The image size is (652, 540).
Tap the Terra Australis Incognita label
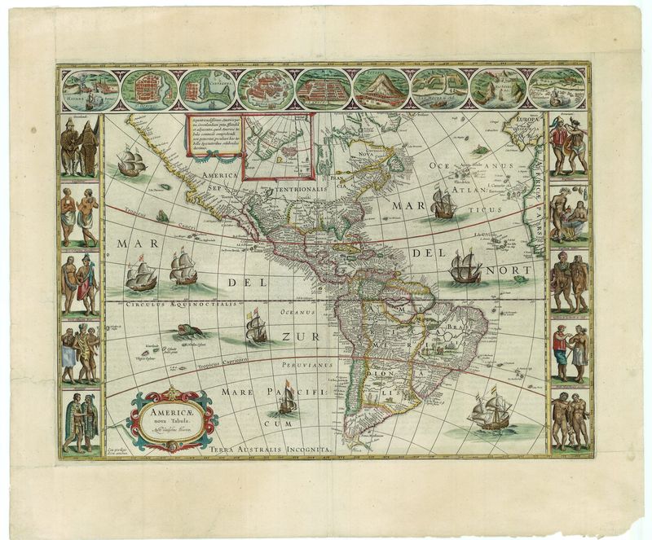pyautogui.click(x=270, y=449)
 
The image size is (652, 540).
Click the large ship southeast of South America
pyautogui.click(x=491, y=412)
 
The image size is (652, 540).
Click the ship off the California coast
pyautogui.click(x=130, y=163)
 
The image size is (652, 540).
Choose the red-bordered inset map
pyautogui.click(x=280, y=147)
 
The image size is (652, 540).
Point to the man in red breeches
pyautogui.click(x=558, y=351)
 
